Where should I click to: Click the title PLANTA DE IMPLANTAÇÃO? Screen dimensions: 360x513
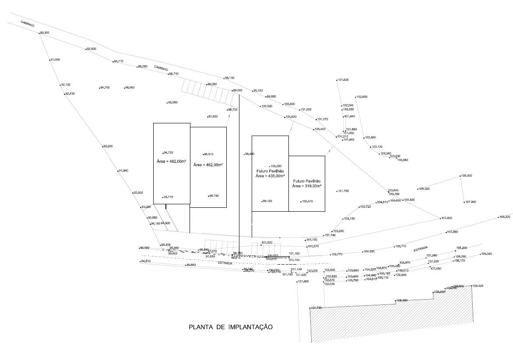coord(231,327)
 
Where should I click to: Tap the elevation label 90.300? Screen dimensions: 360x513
coord(44,33)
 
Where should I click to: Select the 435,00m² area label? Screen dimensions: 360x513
coord(270,176)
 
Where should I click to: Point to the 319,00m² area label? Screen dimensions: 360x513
coord(307,186)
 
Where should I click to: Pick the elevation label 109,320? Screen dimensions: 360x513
coord(505,217)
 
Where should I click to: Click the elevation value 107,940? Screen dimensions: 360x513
coord(470,202)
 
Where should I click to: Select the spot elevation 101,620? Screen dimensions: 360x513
coord(343,80)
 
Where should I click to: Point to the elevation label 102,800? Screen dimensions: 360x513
coord(362,97)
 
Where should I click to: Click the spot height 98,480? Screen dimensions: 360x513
coord(249,154)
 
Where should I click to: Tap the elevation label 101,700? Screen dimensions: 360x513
coord(343,191)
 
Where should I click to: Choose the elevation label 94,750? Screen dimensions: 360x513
coord(105,88)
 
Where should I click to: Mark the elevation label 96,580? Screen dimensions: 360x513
coord(172,103)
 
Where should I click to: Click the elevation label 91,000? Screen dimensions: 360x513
coord(55,59)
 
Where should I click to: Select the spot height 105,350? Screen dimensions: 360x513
coord(424,189)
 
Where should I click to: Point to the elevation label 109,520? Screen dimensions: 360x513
coord(478,286)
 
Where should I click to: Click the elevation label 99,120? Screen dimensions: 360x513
coord(267,201)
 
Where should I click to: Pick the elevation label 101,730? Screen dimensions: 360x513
coord(316,308)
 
